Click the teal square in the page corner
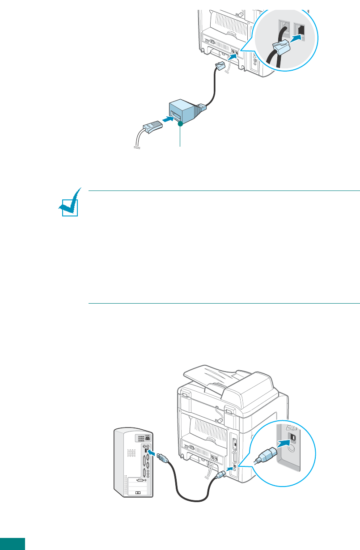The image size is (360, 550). [x=12, y=544]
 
